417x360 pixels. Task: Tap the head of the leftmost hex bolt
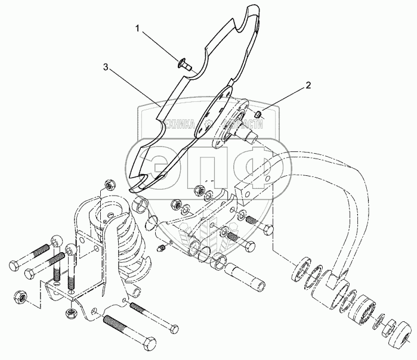point(14,262)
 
